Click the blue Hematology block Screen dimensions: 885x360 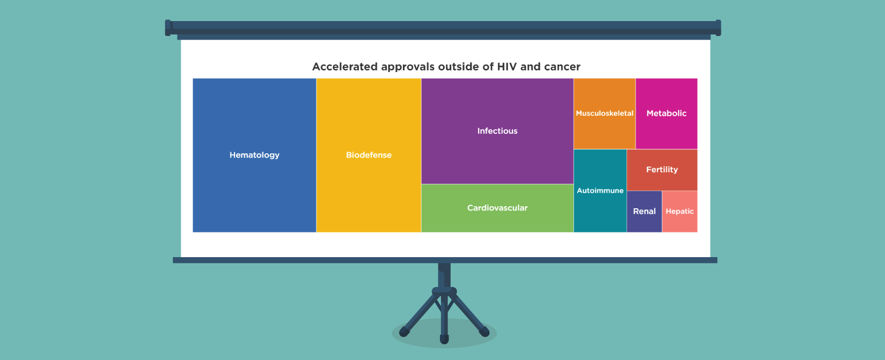click(254, 155)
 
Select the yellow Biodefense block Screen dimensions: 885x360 click(369, 155)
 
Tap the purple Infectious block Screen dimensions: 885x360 click(497, 131)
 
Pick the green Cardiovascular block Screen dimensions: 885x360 click(497, 208)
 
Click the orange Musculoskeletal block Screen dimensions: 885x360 click(605, 114)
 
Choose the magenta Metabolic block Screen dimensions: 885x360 click(666, 114)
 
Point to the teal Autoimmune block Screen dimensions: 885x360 click(600, 191)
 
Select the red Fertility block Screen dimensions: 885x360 click(662, 170)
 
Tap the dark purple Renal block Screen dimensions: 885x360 click(644, 211)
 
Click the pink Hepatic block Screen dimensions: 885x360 click(680, 211)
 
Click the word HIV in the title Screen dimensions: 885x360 click(507, 67)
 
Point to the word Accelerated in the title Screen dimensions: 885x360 click(345, 67)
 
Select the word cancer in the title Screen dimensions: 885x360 click(562, 67)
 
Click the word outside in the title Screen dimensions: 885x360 click(458, 67)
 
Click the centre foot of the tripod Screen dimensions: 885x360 click(445, 339)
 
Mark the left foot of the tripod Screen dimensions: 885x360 click(404, 332)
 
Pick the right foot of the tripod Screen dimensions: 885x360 click(484, 332)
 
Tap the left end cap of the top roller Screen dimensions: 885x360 click(168, 28)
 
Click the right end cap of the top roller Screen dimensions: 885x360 click(718, 28)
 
